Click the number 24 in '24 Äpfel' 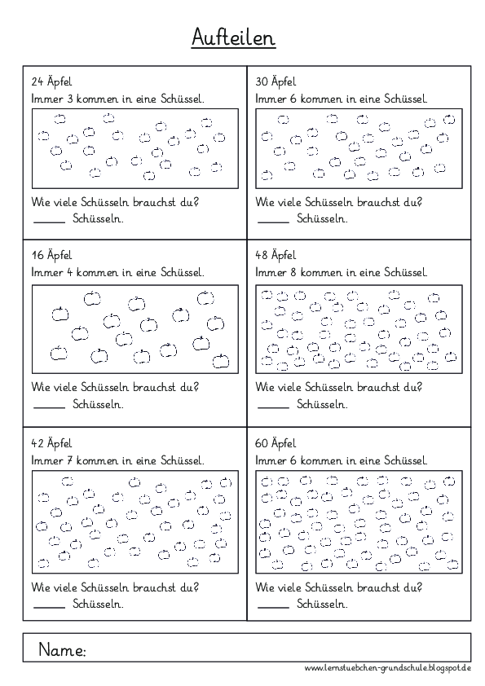click(36, 82)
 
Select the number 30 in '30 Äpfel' click(262, 82)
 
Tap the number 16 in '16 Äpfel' click(36, 255)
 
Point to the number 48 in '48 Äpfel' click(262, 255)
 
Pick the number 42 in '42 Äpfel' click(36, 443)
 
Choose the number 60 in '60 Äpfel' click(262, 443)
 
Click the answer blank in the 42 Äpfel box click(48, 607)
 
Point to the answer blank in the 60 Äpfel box click(272, 607)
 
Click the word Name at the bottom click(62, 650)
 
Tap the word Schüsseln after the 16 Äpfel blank click(98, 404)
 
